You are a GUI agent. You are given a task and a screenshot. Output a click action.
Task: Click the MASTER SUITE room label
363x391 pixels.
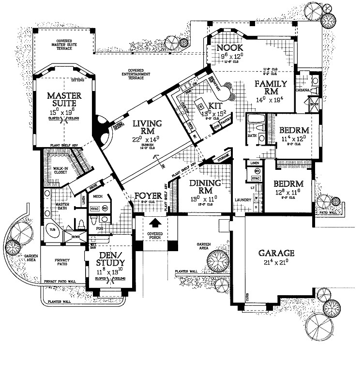(64, 100)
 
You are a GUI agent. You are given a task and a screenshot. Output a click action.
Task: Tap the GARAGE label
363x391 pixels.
(276, 253)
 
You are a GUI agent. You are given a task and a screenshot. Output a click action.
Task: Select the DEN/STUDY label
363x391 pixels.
(111, 259)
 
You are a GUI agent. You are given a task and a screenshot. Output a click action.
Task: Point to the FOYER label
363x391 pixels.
(148, 196)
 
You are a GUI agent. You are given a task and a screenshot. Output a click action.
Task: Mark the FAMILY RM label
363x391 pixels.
(271, 87)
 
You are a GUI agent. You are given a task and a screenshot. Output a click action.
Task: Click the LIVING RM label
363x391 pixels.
(147, 127)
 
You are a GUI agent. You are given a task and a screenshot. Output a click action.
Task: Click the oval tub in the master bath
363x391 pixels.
(53, 230)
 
